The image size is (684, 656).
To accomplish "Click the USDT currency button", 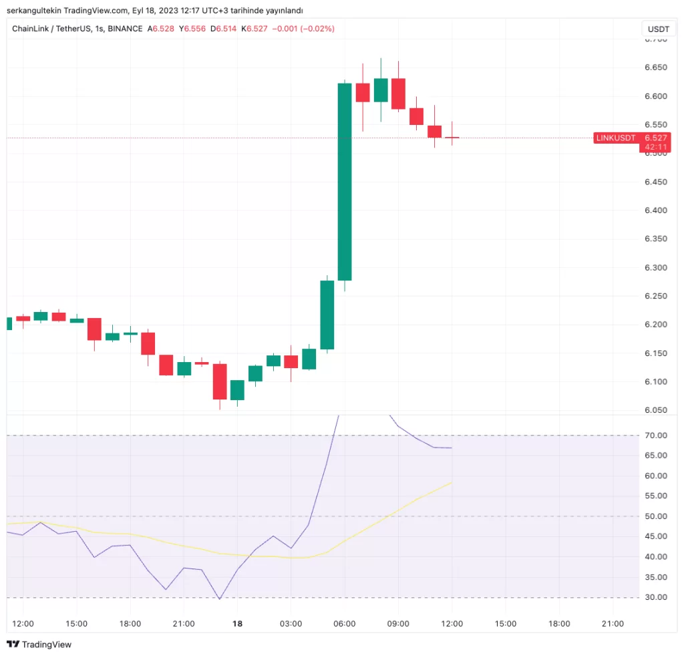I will pyautogui.click(x=658, y=29).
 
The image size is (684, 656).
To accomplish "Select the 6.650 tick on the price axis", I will pyautogui.click(x=657, y=67).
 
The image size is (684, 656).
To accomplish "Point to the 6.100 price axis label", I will pyautogui.click(x=657, y=381).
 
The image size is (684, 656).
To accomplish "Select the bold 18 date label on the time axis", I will pyautogui.click(x=237, y=624).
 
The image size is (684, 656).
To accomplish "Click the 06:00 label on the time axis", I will pyautogui.click(x=344, y=624).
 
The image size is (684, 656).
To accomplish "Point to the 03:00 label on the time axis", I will pyautogui.click(x=291, y=624).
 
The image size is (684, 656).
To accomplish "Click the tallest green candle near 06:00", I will pyautogui.click(x=345, y=180).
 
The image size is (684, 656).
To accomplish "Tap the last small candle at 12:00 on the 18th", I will pyautogui.click(x=452, y=138).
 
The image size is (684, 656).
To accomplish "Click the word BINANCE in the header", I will pyautogui.click(x=125, y=29).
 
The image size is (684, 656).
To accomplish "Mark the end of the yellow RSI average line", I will pyautogui.click(x=452, y=482).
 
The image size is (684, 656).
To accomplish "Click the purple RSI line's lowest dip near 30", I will pyautogui.click(x=220, y=599).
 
